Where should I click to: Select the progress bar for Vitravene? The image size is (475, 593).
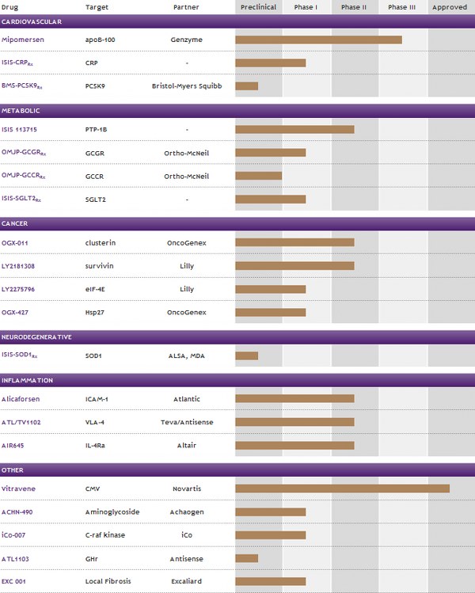(x=342, y=488)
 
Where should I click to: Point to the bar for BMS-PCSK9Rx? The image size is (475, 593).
(x=246, y=86)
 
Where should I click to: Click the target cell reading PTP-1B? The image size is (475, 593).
(x=97, y=128)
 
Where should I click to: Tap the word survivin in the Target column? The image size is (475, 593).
(x=99, y=266)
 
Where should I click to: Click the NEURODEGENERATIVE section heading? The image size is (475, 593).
(x=37, y=337)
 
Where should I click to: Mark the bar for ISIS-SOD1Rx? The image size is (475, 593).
(x=246, y=355)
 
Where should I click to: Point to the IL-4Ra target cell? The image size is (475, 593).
(x=97, y=445)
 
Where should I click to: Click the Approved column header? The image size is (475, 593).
(x=450, y=7)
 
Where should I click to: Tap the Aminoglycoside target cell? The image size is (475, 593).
(x=112, y=512)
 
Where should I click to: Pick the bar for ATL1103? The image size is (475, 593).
(x=246, y=558)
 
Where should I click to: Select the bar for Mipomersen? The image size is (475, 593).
(x=318, y=40)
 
